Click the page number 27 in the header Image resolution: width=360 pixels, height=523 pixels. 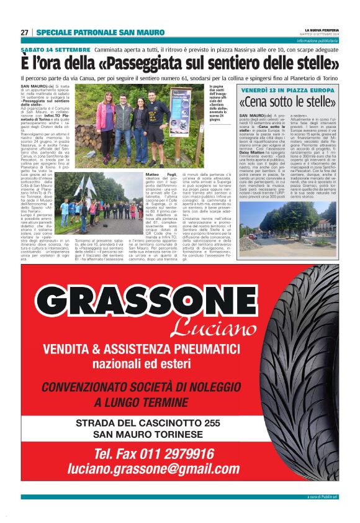[24, 32]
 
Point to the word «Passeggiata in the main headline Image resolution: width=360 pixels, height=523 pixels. [145, 63]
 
